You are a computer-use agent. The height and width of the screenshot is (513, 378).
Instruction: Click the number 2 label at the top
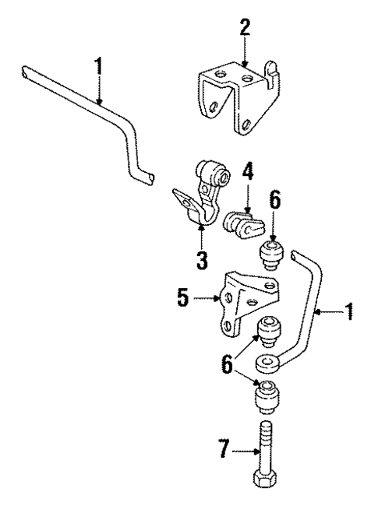pos(245,29)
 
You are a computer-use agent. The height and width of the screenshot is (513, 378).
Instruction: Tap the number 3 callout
pos(200,258)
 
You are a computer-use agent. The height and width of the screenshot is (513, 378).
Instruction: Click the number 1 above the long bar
pos(98,66)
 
